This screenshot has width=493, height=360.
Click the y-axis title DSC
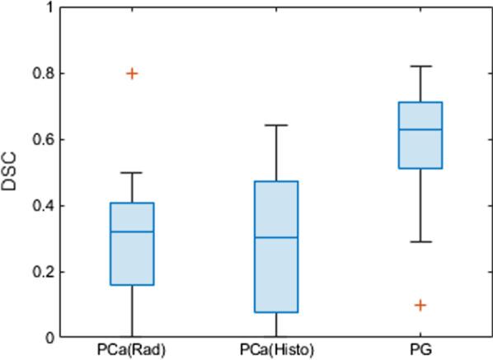pos(9,171)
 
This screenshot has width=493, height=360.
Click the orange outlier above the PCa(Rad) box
pos(132,73)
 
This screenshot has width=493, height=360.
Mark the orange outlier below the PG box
pos(420,305)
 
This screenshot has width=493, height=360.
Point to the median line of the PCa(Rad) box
pos(132,231)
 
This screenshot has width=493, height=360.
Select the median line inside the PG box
pos(420,129)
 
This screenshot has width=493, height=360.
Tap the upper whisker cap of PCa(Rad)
pos(132,173)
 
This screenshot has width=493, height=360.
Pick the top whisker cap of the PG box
pos(420,66)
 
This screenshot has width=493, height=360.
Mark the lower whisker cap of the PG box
pos(420,241)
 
